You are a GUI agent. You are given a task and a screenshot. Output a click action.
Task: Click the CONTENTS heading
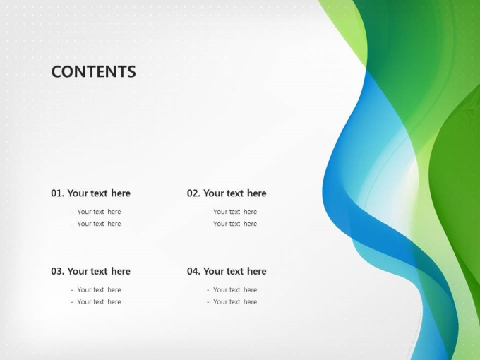(x=93, y=71)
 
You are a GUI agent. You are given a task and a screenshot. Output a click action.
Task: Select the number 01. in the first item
(x=58, y=193)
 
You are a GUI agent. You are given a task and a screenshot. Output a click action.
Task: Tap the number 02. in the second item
(x=194, y=193)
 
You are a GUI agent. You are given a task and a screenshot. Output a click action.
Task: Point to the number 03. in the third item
(x=58, y=271)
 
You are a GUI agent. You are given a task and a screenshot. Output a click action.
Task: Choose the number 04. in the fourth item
(x=194, y=271)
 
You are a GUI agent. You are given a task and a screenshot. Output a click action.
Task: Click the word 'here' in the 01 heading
(x=121, y=193)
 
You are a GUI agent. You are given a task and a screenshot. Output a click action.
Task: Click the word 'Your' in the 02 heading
(x=212, y=193)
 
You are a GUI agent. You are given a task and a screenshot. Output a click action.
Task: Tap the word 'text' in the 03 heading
(x=99, y=272)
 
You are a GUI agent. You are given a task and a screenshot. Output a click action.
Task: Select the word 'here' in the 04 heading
(x=256, y=271)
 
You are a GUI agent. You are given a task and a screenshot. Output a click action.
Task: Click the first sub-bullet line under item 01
(x=96, y=212)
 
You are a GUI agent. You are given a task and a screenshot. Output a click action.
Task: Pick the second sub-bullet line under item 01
(x=96, y=224)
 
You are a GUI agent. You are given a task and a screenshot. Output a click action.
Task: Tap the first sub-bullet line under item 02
(x=232, y=212)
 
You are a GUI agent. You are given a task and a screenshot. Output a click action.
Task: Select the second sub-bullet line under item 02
(x=232, y=224)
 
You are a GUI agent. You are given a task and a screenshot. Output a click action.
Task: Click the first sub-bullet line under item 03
(x=96, y=290)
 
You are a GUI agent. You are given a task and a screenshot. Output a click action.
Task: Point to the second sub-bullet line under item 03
(x=96, y=302)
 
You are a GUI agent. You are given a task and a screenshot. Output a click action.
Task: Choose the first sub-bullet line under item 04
(x=232, y=290)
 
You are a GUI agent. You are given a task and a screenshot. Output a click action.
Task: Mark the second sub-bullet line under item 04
(x=232, y=302)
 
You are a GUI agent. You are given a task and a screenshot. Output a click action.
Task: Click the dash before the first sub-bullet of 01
(x=72, y=212)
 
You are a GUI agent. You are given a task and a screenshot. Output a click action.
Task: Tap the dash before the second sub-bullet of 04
(x=208, y=302)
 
